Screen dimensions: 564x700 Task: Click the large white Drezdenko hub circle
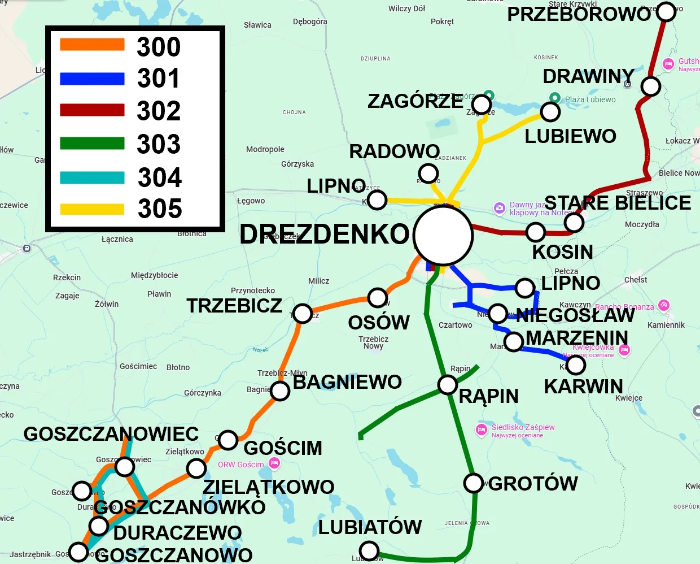tap(443, 235)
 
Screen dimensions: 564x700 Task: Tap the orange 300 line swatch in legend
tap(92, 45)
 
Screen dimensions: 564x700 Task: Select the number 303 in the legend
tap(159, 144)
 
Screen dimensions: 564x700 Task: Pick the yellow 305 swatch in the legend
tap(92, 209)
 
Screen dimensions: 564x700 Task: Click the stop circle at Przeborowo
tap(666, 11)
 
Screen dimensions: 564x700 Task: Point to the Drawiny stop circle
tap(651, 86)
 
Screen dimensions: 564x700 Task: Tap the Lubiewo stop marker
tap(550, 112)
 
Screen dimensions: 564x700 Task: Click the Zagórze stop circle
tap(482, 105)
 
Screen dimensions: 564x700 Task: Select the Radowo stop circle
tap(428, 172)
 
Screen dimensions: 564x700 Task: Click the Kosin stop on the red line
tap(535, 232)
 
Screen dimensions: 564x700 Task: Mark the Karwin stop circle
tap(576, 365)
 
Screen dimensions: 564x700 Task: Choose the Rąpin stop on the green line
tap(448, 385)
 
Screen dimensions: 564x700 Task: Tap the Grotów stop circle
tap(474, 483)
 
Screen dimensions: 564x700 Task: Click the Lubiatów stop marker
tap(369, 550)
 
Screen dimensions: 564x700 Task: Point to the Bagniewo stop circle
tap(280, 391)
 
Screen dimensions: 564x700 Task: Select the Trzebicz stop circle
tap(303, 313)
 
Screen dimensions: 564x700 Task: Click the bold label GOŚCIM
tap(283, 448)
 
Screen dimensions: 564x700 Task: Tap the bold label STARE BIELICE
tap(618, 203)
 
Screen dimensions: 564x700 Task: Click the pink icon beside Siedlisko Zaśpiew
tap(482, 430)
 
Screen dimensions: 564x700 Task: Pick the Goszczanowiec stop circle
tap(124, 467)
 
